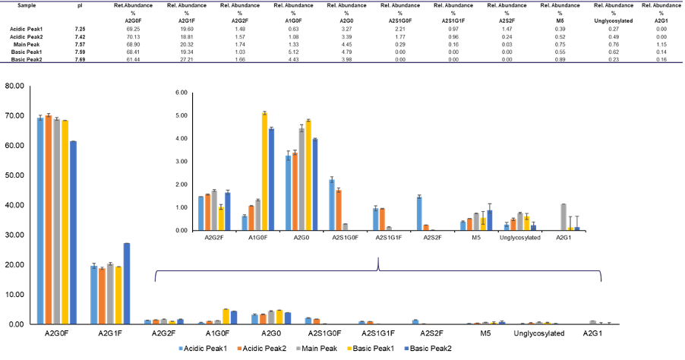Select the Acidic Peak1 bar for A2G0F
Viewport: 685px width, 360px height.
point(39,220)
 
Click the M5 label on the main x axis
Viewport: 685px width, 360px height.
point(485,333)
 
